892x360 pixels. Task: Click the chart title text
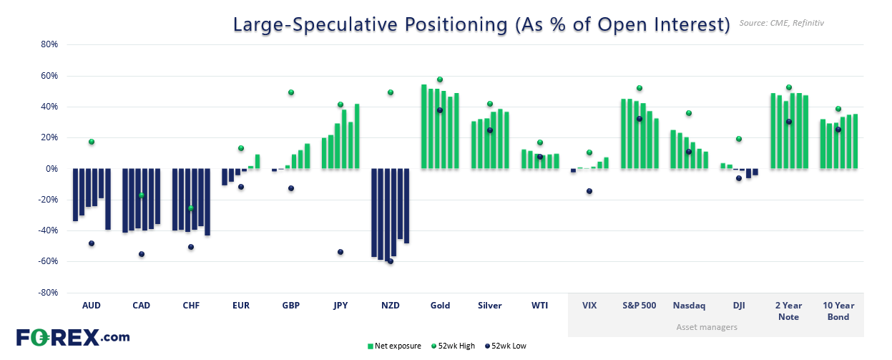pyautogui.click(x=481, y=24)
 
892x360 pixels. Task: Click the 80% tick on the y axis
pyautogui.click(x=48, y=44)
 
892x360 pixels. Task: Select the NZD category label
pyautogui.click(x=391, y=306)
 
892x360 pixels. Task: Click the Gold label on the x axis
pyautogui.click(x=440, y=306)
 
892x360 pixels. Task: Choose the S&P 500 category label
pyautogui.click(x=639, y=306)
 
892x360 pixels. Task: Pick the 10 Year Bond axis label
pyautogui.click(x=838, y=311)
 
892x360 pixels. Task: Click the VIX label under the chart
pyautogui.click(x=589, y=306)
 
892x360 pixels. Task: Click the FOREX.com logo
pyautogui.click(x=73, y=337)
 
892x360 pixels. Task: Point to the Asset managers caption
pyautogui.click(x=707, y=327)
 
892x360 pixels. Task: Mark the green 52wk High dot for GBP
pyautogui.click(x=291, y=92)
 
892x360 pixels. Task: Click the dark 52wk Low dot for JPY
pyautogui.click(x=340, y=252)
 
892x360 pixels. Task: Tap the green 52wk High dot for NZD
pyautogui.click(x=391, y=92)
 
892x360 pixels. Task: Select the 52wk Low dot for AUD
pyautogui.click(x=92, y=243)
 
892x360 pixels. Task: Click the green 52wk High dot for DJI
pyautogui.click(x=739, y=139)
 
